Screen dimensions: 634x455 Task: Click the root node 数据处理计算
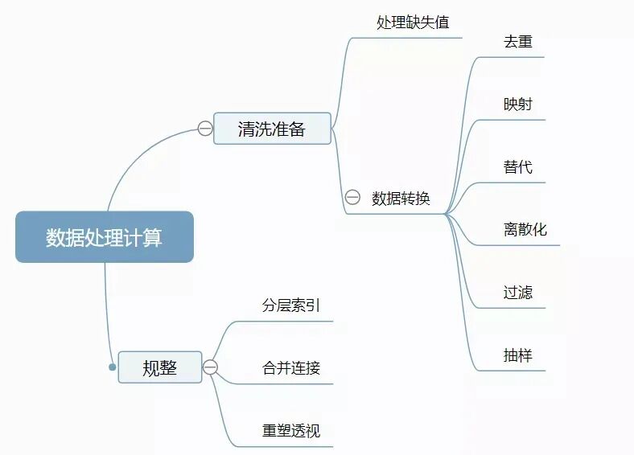[x=104, y=237]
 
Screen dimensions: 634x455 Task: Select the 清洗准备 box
[x=272, y=129]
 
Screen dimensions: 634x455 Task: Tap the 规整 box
[x=159, y=367]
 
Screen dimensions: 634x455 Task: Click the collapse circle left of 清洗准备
[x=205, y=129]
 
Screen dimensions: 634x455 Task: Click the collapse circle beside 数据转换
[x=352, y=198]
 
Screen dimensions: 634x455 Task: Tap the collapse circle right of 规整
[x=211, y=367]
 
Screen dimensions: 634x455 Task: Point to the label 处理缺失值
[x=413, y=23]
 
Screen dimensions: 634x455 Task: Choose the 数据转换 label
[x=401, y=199]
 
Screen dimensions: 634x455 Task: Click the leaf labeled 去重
[x=517, y=42]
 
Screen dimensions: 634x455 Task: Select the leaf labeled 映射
[x=517, y=105]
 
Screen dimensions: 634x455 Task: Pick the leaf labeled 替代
[x=517, y=167]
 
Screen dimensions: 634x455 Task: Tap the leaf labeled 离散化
[x=525, y=230]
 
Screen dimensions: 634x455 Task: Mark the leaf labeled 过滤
[x=517, y=293]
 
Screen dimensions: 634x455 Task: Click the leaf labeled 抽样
[x=517, y=355]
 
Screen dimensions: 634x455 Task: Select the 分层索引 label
[x=290, y=305]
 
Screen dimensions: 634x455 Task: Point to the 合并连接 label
[x=290, y=368]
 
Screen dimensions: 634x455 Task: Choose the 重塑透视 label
[x=290, y=431]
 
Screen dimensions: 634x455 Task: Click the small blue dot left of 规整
[x=113, y=367]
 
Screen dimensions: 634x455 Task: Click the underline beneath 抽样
[x=515, y=371]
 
